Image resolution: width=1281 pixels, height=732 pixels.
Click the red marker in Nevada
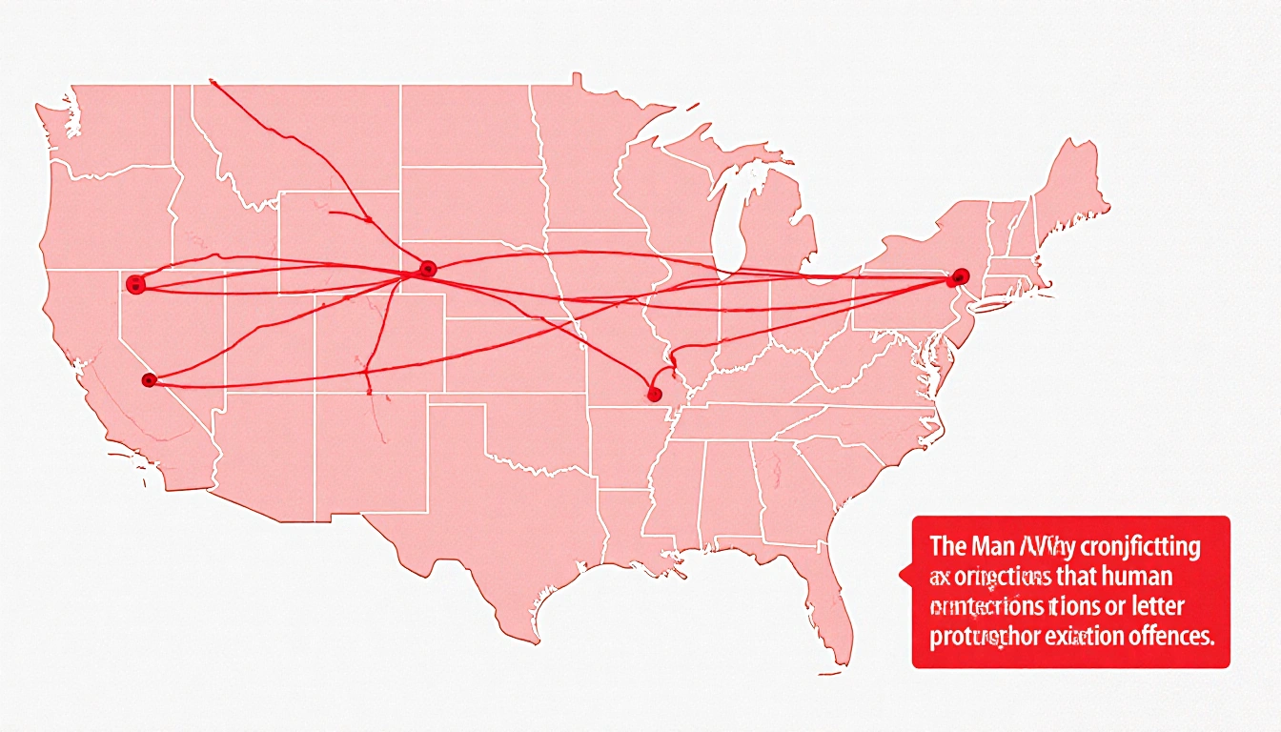pos(135,282)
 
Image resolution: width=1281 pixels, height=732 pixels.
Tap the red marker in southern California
pos(148,380)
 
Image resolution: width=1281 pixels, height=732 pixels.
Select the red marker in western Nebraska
pos(427,269)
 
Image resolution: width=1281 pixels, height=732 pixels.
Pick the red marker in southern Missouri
pos(654,392)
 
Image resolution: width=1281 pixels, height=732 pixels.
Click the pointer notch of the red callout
pos(904,575)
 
